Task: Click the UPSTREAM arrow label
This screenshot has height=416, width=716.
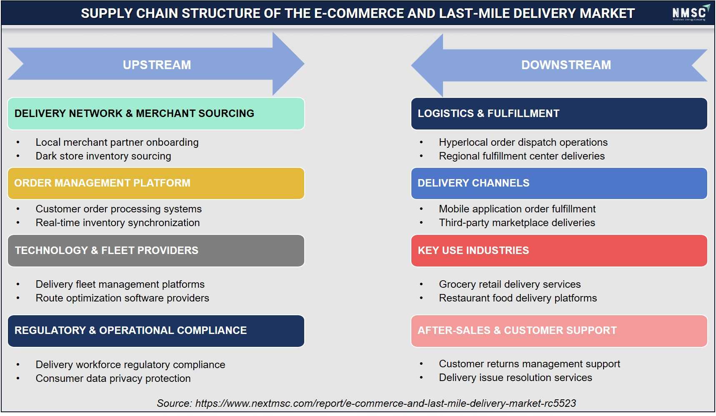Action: (x=157, y=65)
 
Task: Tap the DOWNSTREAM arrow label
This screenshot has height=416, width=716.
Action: (x=566, y=65)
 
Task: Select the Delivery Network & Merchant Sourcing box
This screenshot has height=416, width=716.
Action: (x=156, y=114)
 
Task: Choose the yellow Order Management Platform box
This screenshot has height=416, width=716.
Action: (x=156, y=183)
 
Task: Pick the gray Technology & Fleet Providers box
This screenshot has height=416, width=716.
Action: (x=156, y=251)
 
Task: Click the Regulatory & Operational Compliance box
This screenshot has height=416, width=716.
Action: (x=156, y=331)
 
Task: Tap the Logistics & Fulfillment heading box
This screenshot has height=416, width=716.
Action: (x=559, y=114)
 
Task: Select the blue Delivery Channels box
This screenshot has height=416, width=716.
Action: (x=559, y=183)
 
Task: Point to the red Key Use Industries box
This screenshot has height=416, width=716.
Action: (x=559, y=251)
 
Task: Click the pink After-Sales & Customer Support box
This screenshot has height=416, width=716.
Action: (x=559, y=331)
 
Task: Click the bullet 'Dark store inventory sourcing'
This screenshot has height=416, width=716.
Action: (x=103, y=156)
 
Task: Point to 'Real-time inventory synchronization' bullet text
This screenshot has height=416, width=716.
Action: (x=118, y=223)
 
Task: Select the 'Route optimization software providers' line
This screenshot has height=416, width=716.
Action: (x=122, y=298)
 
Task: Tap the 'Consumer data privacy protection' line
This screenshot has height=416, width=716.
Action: (x=113, y=379)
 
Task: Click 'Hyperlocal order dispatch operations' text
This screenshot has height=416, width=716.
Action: (x=523, y=142)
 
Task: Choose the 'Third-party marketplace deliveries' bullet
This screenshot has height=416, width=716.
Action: (x=517, y=223)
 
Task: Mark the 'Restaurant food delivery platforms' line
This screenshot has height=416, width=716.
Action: (x=518, y=298)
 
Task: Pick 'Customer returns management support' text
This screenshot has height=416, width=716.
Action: (x=529, y=364)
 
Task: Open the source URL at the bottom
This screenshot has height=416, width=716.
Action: (x=386, y=404)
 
